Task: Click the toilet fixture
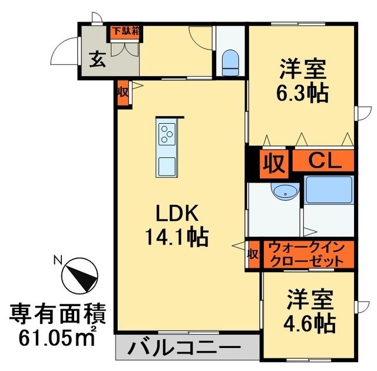[x=229, y=62]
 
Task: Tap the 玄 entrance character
[x=97, y=60]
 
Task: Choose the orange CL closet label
[x=325, y=160]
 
